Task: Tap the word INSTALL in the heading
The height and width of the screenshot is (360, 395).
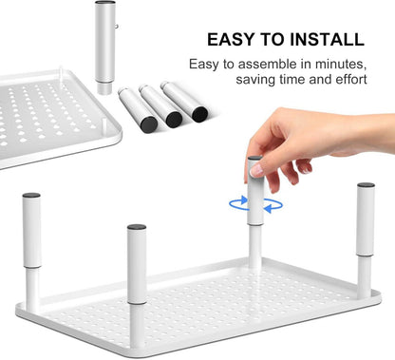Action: pyautogui.click(x=328, y=40)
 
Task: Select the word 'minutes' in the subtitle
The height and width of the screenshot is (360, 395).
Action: pyautogui.click(x=341, y=65)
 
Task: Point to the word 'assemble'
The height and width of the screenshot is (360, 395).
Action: pyautogui.click(x=268, y=65)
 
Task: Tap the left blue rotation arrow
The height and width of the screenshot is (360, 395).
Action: pyautogui.click(x=238, y=203)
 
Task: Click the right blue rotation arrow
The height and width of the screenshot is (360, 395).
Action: pyautogui.click(x=273, y=206)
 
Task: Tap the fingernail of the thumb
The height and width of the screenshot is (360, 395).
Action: pyautogui.click(x=256, y=170)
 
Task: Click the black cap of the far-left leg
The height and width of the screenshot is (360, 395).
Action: pyautogui.click(x=31, y=195)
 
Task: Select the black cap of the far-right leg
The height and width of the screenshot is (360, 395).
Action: pyautogui.click(x=366, y=185)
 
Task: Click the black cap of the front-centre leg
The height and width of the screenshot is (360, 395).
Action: pyautogui.click(x=137, y=227)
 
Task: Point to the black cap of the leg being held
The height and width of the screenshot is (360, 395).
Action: pyautogui.click(x=254, y=158)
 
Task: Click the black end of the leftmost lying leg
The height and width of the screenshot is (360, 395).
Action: pyautogui.click(x=149, y=124)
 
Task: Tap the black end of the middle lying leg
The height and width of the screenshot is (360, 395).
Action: pyautogui.click(x=174, y=120)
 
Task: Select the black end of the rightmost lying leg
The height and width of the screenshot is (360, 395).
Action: pyautogui.click(x=199, y=114)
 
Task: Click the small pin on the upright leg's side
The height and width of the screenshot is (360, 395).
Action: pyautogui.click(x=117, y=27)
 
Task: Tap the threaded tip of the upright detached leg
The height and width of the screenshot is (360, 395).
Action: pyautogui.click(x=104, y=88)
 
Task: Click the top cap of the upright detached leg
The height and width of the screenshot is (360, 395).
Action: pyautogui.click(x=105, y=2)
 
